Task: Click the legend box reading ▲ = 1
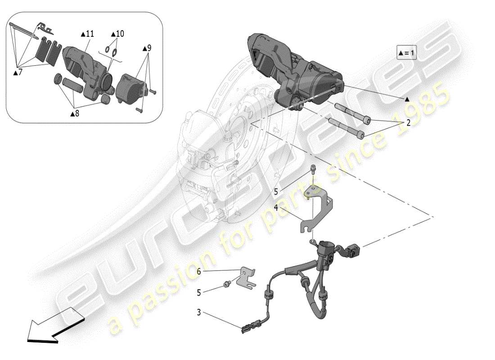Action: point(407,53)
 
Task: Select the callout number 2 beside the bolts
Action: point(408,122)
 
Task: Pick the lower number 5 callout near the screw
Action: point(198,292)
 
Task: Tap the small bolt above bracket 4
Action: point(313,169)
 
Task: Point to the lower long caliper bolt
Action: point(346,129)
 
